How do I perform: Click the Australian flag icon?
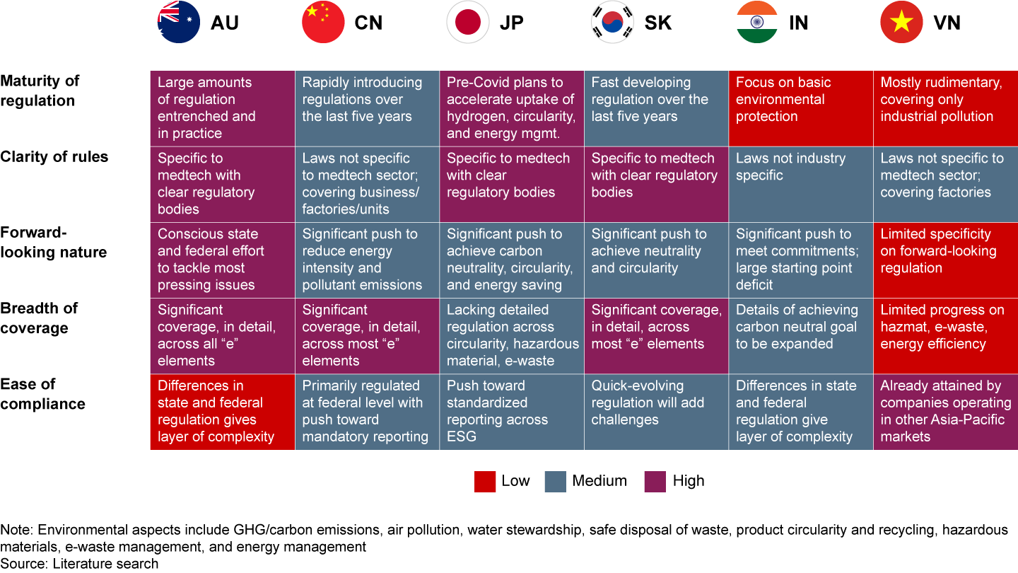179,23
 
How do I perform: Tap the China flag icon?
323,23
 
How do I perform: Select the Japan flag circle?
468,23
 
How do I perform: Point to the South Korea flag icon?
612,23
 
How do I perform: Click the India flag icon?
757,23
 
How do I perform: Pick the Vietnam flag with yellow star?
901,23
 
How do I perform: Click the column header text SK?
658,23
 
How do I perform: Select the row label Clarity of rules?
54,157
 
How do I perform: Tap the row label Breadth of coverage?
39,318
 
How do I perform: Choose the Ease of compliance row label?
42,394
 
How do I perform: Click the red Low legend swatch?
484,482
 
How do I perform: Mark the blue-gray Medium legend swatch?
556,482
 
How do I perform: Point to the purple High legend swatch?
655,482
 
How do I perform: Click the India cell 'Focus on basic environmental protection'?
801,108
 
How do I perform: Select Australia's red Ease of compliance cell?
223,412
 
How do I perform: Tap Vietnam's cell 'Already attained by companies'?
945,412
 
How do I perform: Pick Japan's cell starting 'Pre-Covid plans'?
512,108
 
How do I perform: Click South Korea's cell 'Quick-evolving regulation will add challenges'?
656,412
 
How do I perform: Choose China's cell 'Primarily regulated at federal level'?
367,412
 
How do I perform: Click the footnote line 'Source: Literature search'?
79,564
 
